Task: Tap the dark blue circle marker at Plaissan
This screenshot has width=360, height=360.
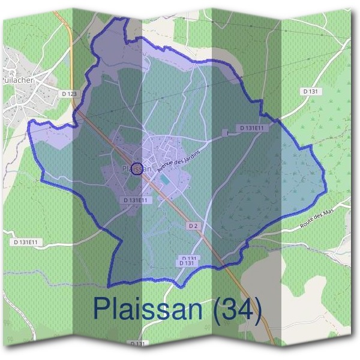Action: (x=137, y=169)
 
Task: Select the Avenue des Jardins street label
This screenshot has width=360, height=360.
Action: (x=178, y=160)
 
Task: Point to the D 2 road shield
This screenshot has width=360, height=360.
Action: (x=192, y=226)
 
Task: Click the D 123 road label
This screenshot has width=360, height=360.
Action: (x=70, y=94)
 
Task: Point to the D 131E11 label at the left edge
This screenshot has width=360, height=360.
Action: (x=25, y=242)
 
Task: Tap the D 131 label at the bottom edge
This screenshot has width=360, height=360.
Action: (x=138, y=344)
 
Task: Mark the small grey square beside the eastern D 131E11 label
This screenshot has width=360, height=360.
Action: (x=226, y=133)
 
